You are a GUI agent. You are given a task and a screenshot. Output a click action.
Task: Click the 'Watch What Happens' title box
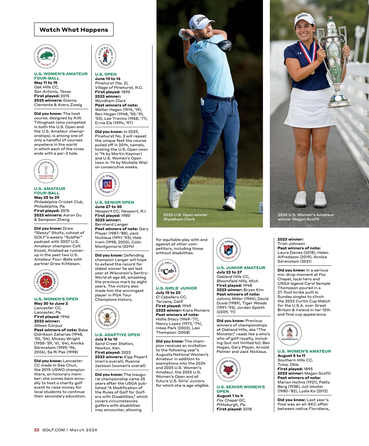(x=74, y=30)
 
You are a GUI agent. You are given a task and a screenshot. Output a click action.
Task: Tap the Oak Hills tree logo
(x=46, y=56)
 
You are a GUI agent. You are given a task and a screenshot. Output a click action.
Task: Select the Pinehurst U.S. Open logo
(x=105, y=56)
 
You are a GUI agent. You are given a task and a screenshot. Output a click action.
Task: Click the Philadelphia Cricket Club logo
(x=46, y=171)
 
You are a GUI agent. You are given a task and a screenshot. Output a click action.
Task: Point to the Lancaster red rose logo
(x=46, y=282)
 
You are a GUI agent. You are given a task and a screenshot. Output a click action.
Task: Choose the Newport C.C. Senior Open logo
(x=107, y=184)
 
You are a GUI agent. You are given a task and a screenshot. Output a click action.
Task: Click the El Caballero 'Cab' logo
(x=167, y=271)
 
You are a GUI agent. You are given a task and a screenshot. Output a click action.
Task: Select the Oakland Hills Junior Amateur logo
(x=228, y=250)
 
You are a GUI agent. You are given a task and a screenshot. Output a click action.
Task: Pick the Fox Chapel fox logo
(x=228, y=369)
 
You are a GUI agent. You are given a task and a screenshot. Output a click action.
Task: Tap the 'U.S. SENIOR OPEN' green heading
(x=115, y=202)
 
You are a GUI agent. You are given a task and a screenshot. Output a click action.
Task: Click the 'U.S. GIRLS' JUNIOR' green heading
(x=176, y=288)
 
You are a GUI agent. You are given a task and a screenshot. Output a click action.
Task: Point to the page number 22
(x=37, y=430)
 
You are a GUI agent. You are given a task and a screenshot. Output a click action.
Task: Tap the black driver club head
(x=225, y=45)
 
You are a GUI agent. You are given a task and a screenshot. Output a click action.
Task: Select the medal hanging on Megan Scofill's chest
(x=312, y=72)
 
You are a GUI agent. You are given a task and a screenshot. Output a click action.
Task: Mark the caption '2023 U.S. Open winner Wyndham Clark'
(x=185, y=217)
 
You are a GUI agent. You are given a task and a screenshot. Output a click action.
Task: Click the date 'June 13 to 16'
(x=108, y=79)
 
